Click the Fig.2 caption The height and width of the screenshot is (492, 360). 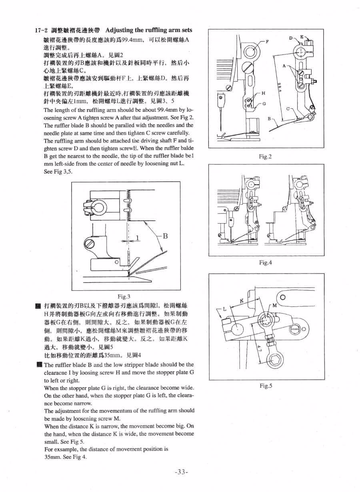pyautogui.click(x=265, y=156)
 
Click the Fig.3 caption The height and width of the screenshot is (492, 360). pyautogui.click(x=124, y=296)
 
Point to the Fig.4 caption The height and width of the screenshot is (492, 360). pyautogui.click(x=265, y=263)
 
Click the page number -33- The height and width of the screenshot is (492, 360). pyautogui.click(x=181, y=472)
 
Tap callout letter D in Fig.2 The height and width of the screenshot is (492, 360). pyautogui.click(x=292, y=38)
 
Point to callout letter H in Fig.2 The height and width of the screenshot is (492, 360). pyautogui.click(x=263, y=93)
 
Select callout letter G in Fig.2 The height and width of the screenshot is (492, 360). pyautogui.click(x=264, y=104)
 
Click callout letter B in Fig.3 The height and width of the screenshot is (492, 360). pyautogui.click(x=164, y=236)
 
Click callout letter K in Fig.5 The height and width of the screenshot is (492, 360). pyautogui.click(x=242, y=300)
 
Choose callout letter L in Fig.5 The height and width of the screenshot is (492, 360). pyautogui.click(x=224, y=309)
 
